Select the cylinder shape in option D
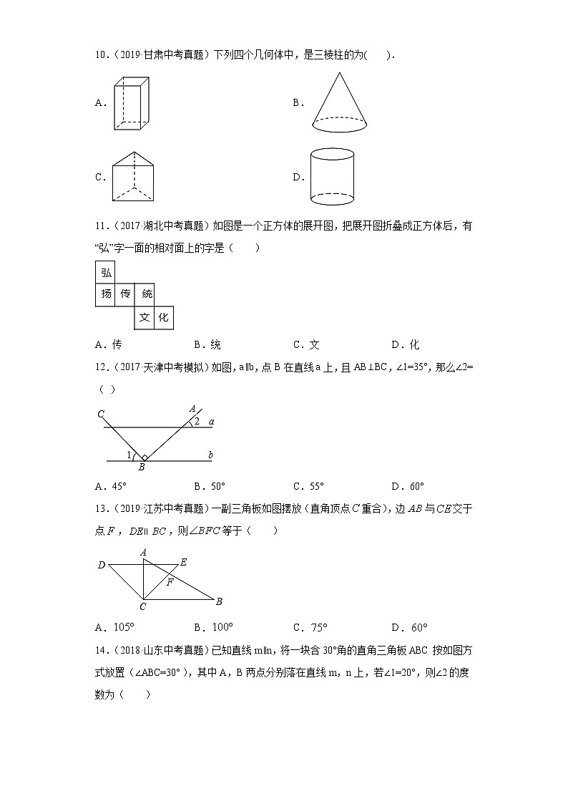pyautogui.click(x=332, y=176)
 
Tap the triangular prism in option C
pyautogui.click(x=133, y=177)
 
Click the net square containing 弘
pyautogui.click(x=106, y=273)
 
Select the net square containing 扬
pyautogui.click(x=106, y=294)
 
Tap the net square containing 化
pyautogui.click(x=164, y=317)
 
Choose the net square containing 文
pyautogui.click(x=144, y=317)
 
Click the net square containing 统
pyautogui.click(x=146, y=294)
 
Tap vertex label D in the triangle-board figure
pyautogui.click(x=101, y=566)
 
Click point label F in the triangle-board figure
pyautogui.click(x=170, y=582)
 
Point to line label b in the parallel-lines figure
pyautogui.click(x=210, y=455)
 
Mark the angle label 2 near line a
pyautogui.click(x=197, y=422)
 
